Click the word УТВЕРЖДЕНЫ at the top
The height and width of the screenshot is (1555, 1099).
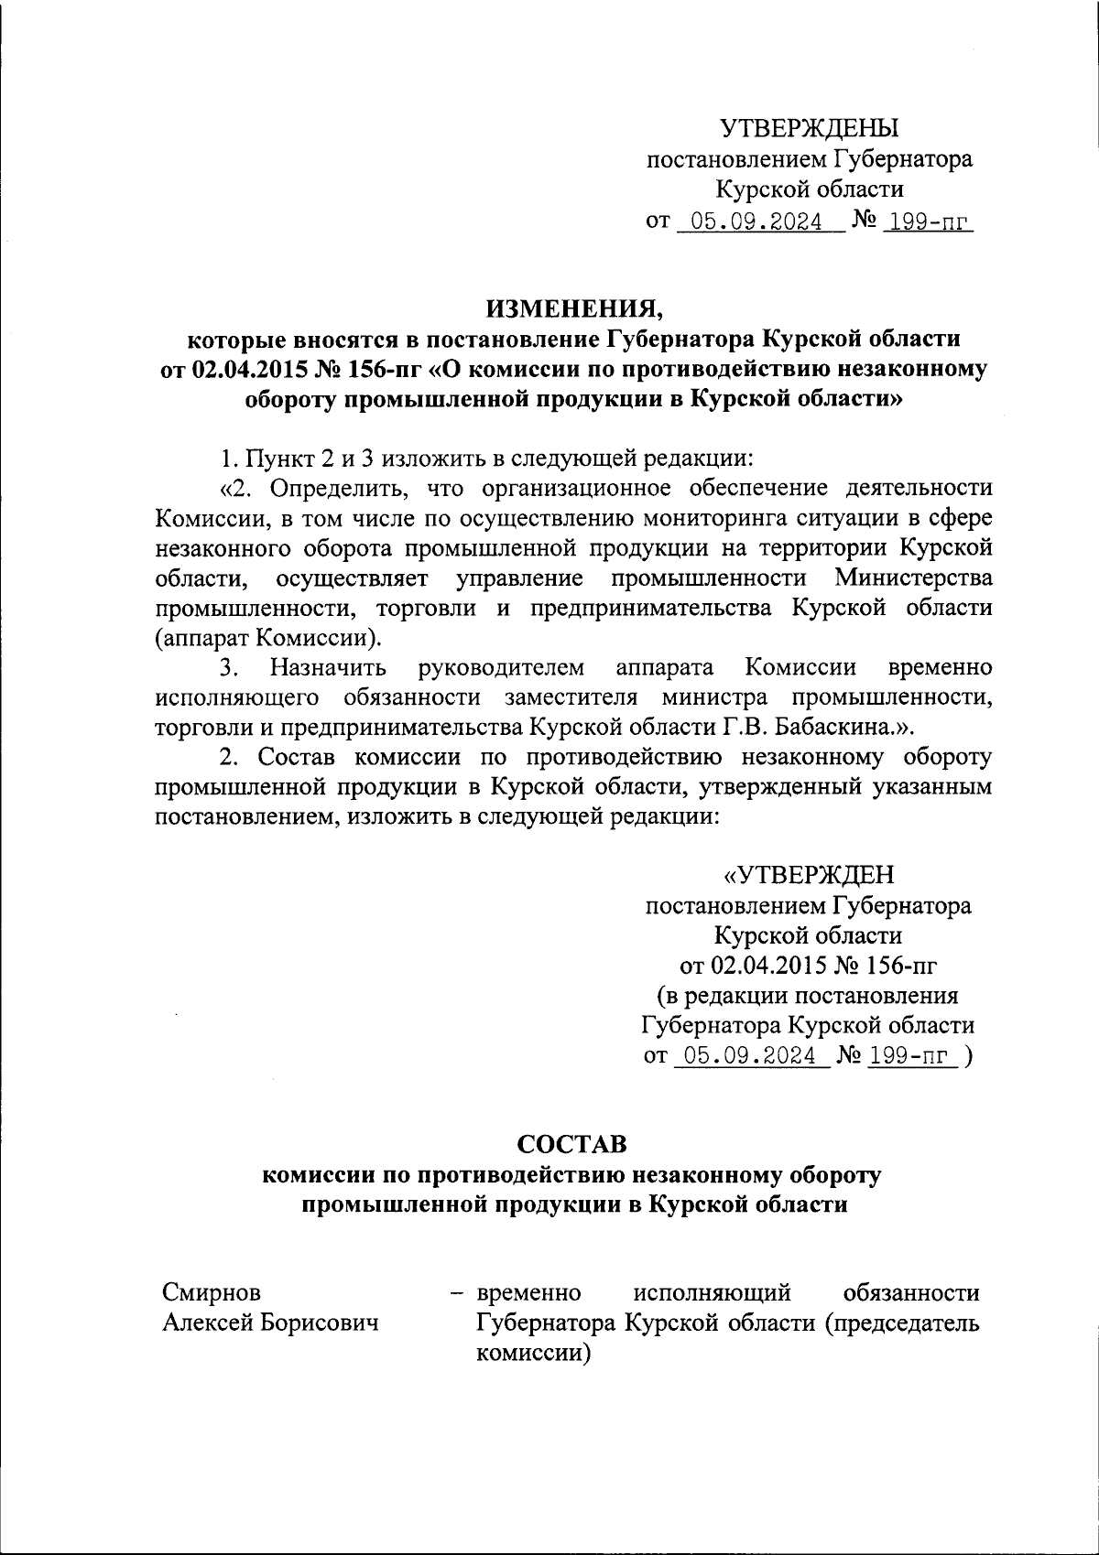pyautogui.click(x=809, y=128)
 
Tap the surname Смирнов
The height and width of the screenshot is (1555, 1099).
pyautogui.click(x=212, y=1292)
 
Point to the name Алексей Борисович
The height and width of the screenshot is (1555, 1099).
pyautogui.click(x=271, y=1323)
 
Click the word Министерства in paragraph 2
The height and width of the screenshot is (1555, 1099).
pyautogui.click(x=913, y=578)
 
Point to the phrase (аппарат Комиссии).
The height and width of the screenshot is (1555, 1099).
pyautogui.click(x=269, y=637)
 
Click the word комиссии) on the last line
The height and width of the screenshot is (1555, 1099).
pyautogui.click(x=530, y=1353)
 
